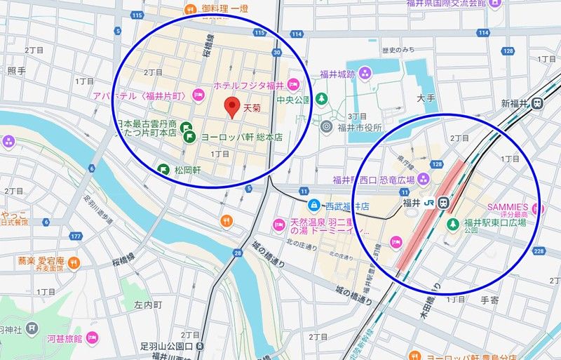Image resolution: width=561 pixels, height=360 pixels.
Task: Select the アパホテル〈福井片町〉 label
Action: point(140,95)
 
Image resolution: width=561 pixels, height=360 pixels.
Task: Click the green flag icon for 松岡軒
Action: point(163,168)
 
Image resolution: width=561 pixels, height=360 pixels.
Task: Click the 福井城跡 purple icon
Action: point(365,71)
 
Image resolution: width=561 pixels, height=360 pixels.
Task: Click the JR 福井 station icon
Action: point(443,203)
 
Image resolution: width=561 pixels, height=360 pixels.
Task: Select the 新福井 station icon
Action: point(537,103)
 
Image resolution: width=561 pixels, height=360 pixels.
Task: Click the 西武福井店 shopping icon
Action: point(313,206)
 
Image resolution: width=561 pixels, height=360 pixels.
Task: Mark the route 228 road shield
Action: point(539,251)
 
